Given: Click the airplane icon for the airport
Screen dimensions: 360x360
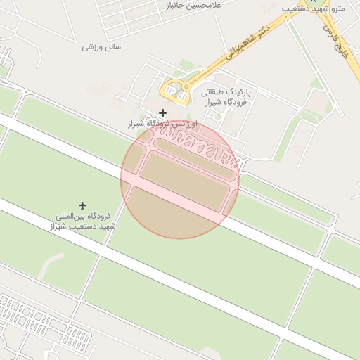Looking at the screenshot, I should point(84,205).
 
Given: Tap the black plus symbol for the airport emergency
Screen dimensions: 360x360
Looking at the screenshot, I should point(163,112).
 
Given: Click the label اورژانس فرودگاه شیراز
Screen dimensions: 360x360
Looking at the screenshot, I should point(162,124).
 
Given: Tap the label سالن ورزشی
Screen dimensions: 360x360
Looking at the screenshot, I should point(102,47).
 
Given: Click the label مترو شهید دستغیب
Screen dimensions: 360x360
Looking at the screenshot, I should point(309,8).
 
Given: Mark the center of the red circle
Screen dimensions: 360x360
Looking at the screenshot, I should point(180,179).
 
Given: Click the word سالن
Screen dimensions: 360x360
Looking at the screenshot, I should point(112,47).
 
